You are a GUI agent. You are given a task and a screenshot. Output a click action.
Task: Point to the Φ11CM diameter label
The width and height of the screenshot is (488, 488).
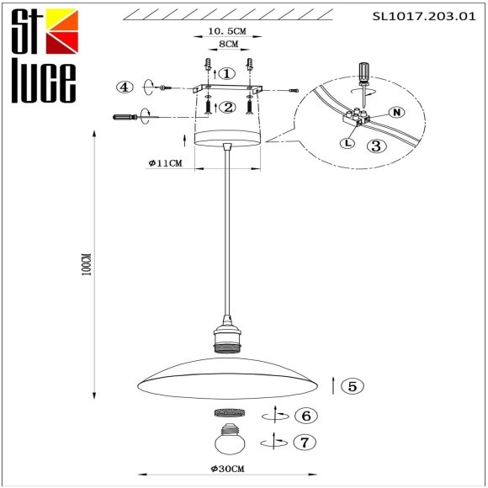(165, 163)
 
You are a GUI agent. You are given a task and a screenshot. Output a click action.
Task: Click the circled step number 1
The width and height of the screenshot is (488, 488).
(228, 73)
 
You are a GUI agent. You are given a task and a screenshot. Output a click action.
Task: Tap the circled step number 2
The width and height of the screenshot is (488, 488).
(227, 107)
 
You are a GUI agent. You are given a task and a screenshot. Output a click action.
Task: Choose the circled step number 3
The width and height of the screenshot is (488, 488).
(376, 146)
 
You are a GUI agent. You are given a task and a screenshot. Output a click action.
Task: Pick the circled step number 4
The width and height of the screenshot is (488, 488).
(125, 88)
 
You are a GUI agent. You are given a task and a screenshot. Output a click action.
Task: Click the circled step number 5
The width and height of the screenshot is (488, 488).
(354, 386)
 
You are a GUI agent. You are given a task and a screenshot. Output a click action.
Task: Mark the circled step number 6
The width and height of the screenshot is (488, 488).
(306, 416)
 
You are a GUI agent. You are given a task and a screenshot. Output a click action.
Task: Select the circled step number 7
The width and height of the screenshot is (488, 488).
(306, 440)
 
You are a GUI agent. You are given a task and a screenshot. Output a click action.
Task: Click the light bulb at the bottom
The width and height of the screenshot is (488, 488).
(227, 438)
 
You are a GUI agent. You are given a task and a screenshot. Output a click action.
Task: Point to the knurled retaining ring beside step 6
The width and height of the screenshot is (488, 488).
(227, 413)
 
